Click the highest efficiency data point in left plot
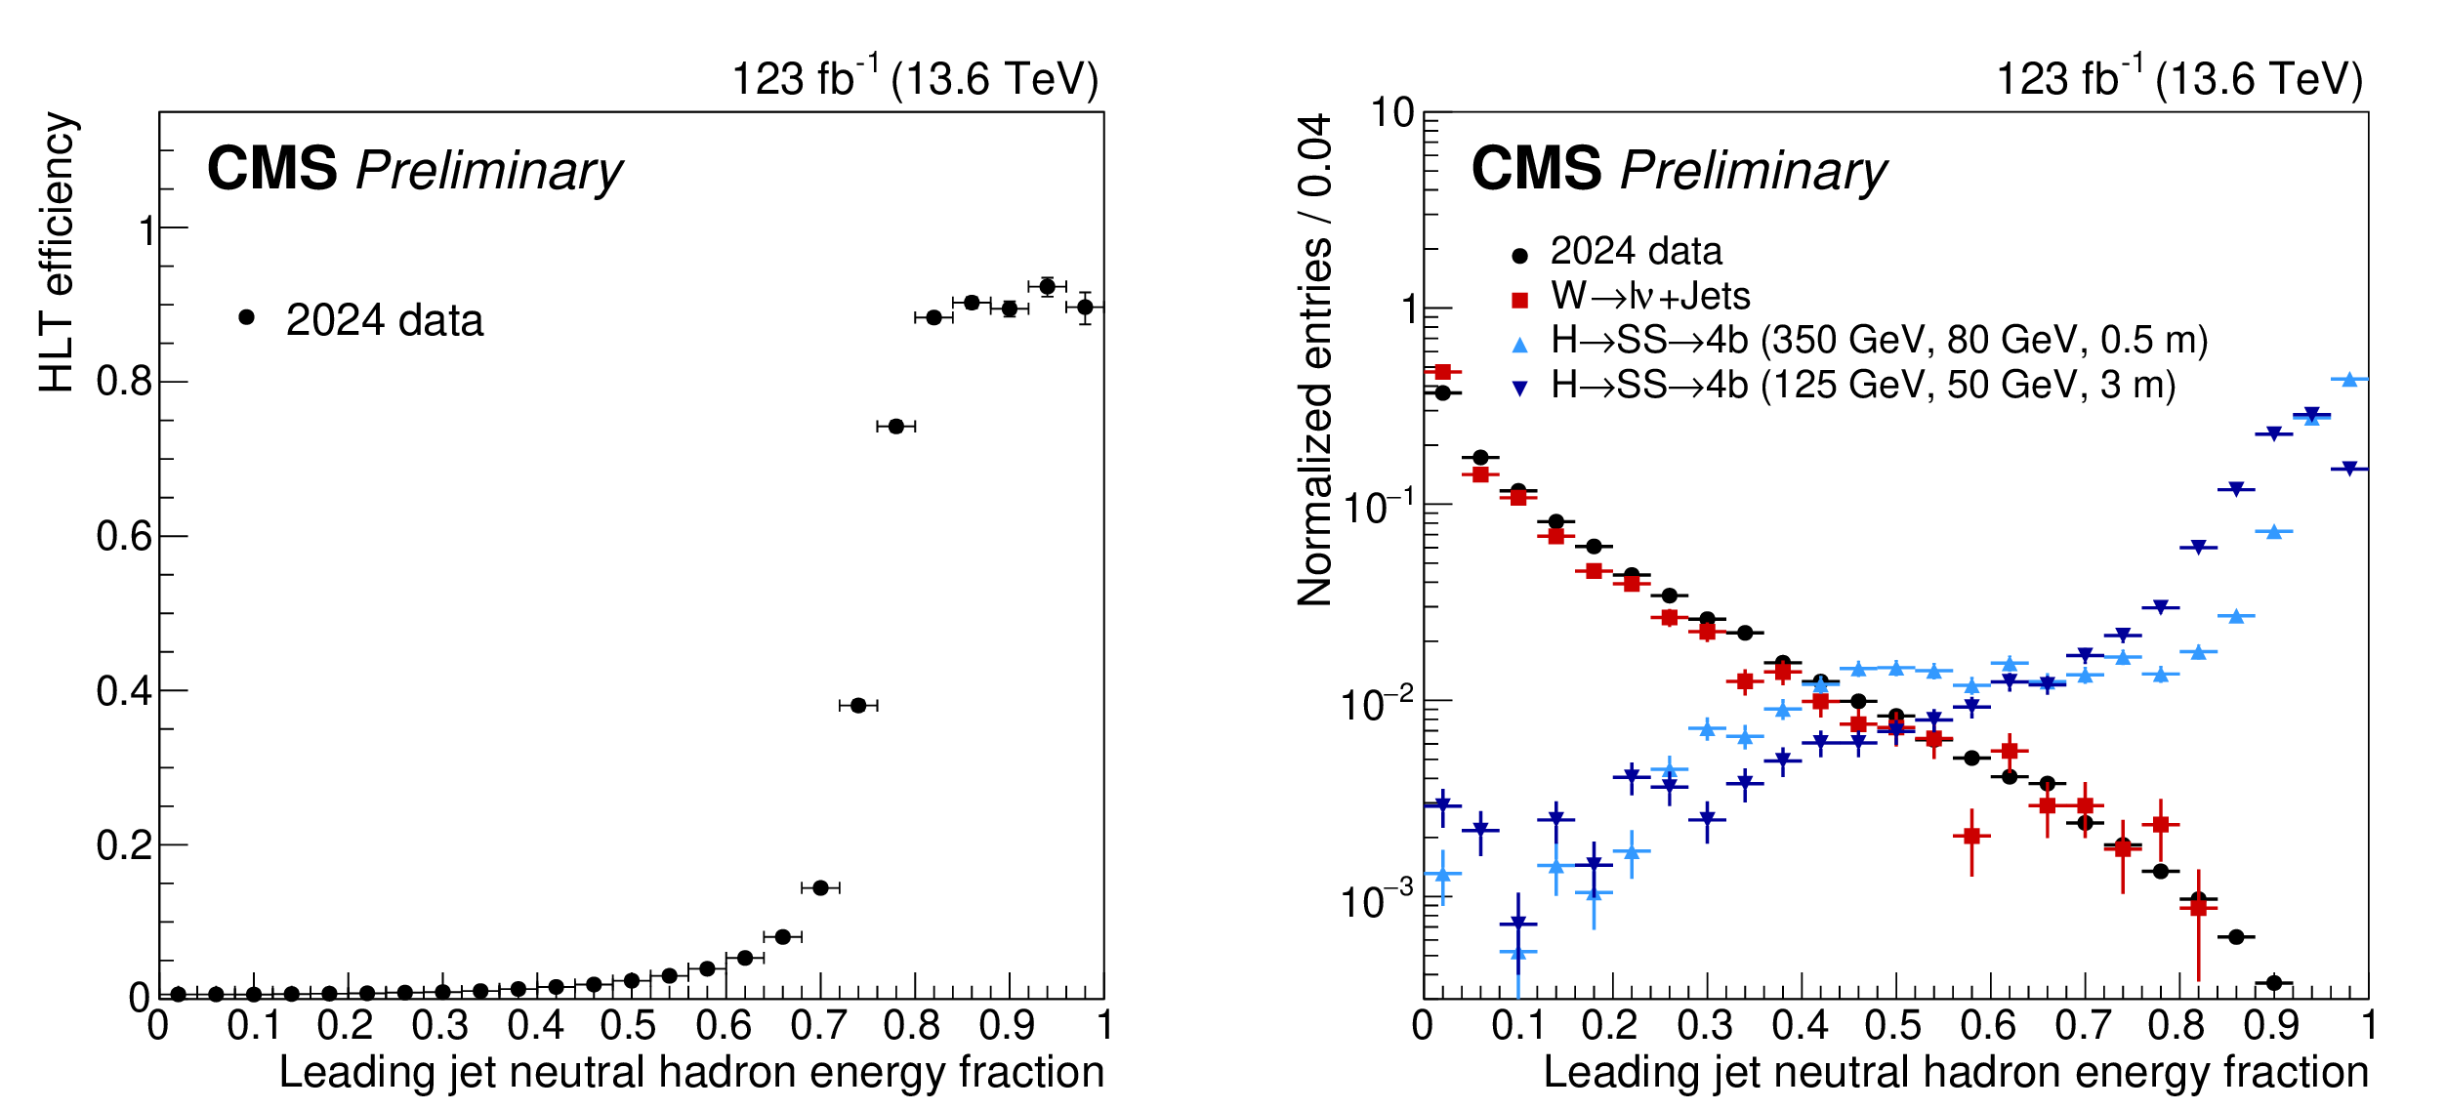click(1047, 286)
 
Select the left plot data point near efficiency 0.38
click(858, 705)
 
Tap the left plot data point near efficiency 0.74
click(895, 426)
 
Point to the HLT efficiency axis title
click(57, 252)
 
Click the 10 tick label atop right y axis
click(1392, 113)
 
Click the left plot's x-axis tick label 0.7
click(818, 1025)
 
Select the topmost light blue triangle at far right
click(2349, 380)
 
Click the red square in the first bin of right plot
click(1442, 372)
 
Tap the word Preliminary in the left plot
click(489, 171)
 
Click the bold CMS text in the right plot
click(1536, 169)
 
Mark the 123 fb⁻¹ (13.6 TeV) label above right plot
click(2178, 78)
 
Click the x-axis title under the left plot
click(691, 1072)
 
